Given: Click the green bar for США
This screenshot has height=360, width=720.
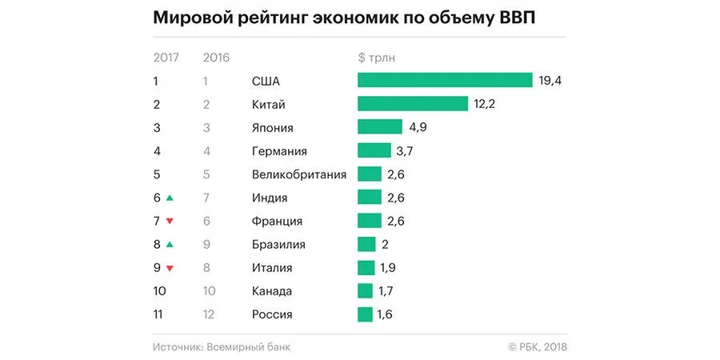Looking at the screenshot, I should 445,80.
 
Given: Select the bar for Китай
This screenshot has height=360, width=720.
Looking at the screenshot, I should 412,104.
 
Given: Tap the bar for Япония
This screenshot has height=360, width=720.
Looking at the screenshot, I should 380,127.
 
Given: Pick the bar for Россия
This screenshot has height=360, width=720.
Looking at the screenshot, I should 365,314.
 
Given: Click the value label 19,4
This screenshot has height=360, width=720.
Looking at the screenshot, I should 550,80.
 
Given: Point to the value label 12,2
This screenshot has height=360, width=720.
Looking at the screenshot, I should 485,104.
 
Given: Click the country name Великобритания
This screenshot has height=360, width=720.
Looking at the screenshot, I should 298,174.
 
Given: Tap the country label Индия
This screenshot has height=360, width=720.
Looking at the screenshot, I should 269,198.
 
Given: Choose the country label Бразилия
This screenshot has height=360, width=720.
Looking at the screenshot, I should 278,244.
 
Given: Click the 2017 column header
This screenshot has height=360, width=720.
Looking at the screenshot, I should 166,57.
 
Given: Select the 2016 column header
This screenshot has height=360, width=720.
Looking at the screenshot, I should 217,57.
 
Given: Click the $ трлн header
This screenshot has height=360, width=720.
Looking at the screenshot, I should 377,57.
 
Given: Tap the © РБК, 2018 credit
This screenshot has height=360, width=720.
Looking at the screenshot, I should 537,346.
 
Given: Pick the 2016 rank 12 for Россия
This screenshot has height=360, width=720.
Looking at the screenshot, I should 210,314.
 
